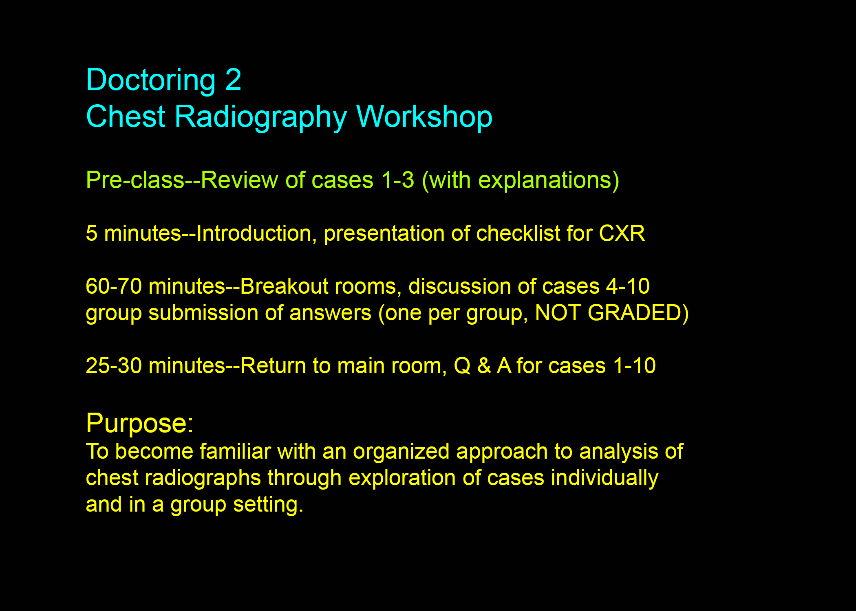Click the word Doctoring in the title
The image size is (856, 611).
tap(151, 81)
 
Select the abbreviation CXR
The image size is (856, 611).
tap(622, 233)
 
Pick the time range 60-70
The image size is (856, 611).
tap(114, 286)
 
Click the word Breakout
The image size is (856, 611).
tap(285, 286)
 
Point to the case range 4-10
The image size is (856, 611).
tap(628, 286)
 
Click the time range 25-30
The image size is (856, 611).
tap(114, 366)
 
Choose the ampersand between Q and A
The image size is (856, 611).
tap(484, 366)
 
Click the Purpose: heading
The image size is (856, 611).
tap(140, 424)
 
